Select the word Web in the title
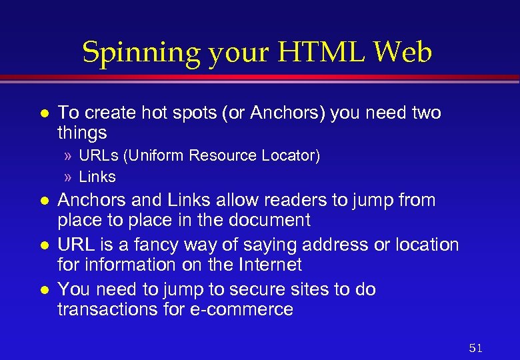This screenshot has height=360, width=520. (402, 53)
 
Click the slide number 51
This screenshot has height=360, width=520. (475, 348)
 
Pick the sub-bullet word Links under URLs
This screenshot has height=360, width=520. (97, 177)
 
